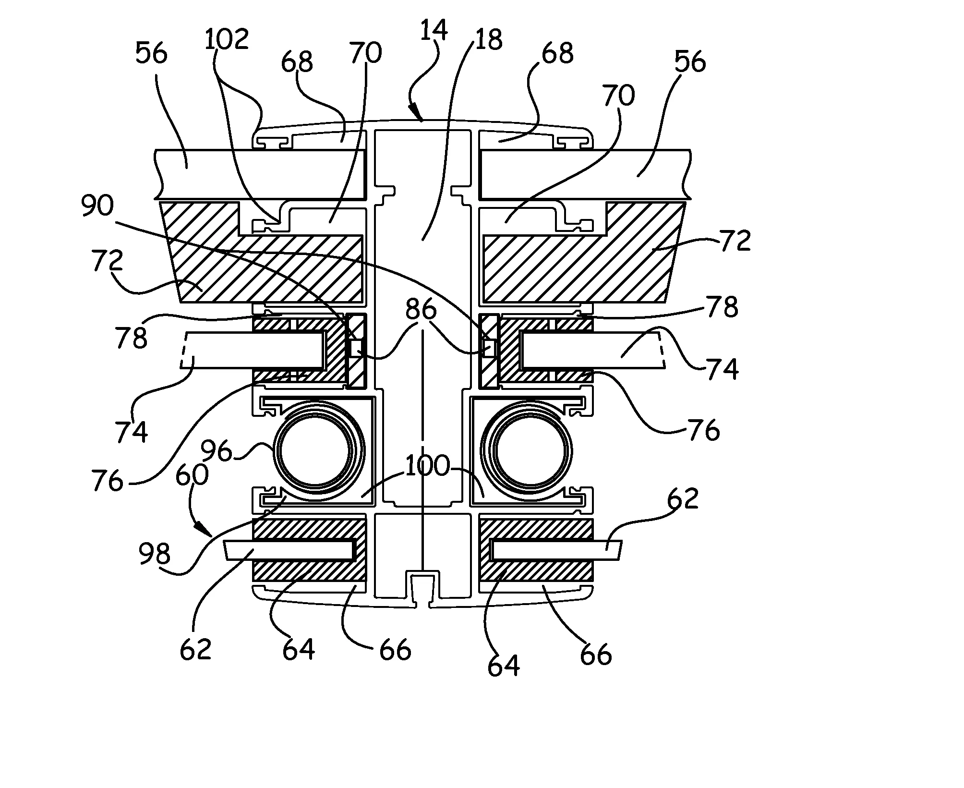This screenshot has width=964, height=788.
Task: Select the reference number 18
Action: [488, 39]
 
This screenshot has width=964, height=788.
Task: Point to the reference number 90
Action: [97, 206]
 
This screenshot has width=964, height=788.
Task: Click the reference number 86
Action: [421, 310]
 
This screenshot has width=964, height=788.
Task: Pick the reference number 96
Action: [217, 451]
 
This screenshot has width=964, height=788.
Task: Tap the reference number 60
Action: [192, 475]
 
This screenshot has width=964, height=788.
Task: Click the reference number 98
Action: [155, 554]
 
